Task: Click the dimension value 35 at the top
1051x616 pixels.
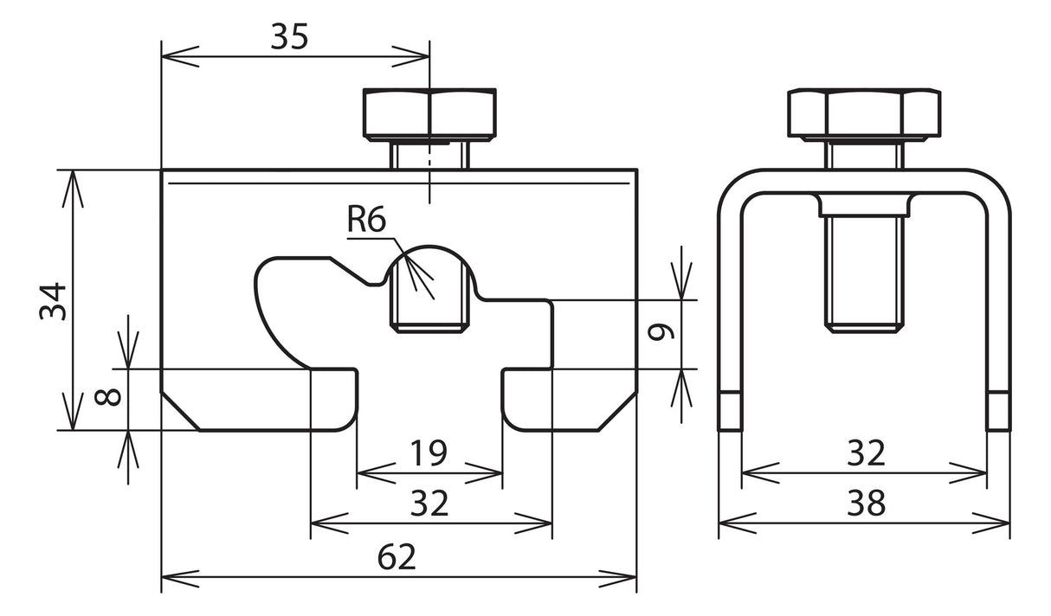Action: coord(289,36)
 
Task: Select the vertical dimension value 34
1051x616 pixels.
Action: coord(53,301)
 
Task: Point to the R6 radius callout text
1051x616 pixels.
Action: coord(366,220)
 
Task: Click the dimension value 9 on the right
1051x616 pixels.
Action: coord(661,332)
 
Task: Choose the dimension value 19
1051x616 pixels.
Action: coord(429,452)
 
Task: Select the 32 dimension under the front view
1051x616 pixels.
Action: coord(429,503)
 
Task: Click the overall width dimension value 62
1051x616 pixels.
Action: coord(397,557)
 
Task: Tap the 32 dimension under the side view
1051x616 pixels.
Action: coord(866,452)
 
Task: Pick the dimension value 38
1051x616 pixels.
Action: coord(866,503)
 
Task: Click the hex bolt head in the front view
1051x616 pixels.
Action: coord(429,114)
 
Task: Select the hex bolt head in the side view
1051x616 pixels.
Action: coord(864,114)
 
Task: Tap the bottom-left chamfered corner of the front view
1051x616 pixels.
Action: coord(181,411)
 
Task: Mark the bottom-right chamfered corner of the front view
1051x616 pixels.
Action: coord(617,411)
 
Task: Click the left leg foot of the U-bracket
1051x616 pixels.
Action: coord(730,411)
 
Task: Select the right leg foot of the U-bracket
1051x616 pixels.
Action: coord(998,411)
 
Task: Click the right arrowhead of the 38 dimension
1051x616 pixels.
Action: coord(991,523)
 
